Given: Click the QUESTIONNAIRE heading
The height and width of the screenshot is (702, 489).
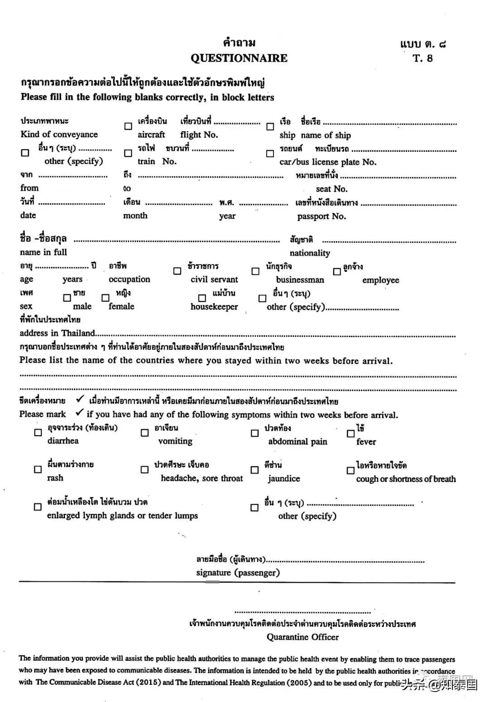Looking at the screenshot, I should pyautogui.click(x=239, y=58).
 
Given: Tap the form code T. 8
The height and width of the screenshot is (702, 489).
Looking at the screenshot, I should pyautogui.click(x=422, y=58).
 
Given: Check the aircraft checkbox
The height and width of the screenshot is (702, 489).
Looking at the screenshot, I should pyautogui.click(x=128, y=126).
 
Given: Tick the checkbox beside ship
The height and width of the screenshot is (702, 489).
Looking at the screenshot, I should pyautogui.click(x=270, y=126).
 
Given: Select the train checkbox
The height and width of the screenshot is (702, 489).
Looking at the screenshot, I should pyautogui.click(x=128, y=153).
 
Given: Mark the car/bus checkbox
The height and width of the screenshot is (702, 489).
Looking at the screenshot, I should pyautogui.click(x=270, y=154).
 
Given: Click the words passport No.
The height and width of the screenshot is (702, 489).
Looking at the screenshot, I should pyautogui.click(x=321, y=216).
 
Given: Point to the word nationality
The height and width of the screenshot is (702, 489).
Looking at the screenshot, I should pyautogui.click(x=310, y=253).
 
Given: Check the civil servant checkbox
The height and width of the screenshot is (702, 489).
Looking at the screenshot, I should pyautogui.click(x=177, y=271).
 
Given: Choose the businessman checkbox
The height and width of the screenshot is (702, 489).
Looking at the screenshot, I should pyautogui.click(x=255, y=271).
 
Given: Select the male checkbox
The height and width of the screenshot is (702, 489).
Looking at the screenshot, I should pyautogui.click(x=67, y=298).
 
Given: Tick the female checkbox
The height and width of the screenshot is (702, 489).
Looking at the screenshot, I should pyautogui.click(x=105, y=298).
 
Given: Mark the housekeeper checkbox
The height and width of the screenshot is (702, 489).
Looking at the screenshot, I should pyautogui.click(x=202, y=298).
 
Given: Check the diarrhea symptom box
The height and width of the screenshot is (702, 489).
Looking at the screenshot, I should pyautogui.click(x=38, y=432).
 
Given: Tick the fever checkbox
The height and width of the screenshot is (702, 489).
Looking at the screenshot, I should pyautogui.click(x=350, y=433).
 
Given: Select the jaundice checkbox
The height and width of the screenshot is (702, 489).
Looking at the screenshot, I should pyautogui.click(x=255, y=470).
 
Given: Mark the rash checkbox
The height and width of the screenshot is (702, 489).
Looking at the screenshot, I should pyautogui.click(x=38, y=470).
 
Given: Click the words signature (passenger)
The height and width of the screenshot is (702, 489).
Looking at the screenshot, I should pyautogui.click(x=238, y=572).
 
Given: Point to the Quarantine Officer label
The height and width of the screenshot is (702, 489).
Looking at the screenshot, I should pyautogui.click(x=302, y=637).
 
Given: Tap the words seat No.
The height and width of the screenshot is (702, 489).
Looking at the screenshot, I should pyautogui.click(x=331, y=189).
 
